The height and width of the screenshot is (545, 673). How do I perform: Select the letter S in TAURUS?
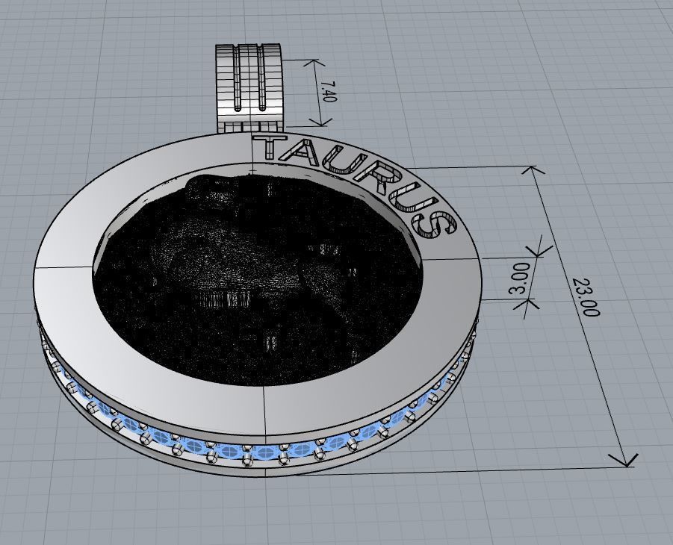point(438,225)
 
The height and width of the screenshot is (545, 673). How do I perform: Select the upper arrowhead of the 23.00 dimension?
point(533,171)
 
